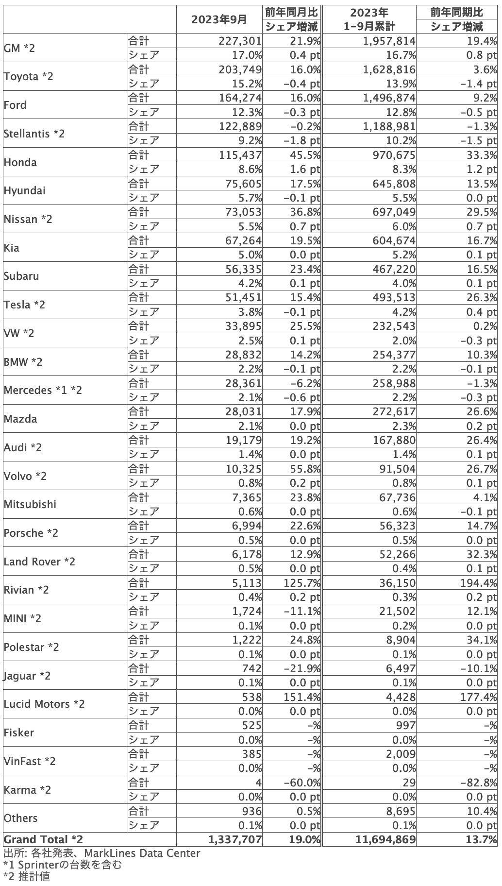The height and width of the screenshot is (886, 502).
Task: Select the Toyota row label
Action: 28,76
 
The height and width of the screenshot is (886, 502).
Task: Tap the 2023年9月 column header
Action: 219,19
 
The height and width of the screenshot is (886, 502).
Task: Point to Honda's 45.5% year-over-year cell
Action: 302,155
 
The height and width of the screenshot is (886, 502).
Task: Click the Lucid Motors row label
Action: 44,704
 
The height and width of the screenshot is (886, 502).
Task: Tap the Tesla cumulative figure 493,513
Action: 393,297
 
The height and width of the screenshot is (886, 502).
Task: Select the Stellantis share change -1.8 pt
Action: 301,141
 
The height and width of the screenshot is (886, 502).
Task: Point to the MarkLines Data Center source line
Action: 101,853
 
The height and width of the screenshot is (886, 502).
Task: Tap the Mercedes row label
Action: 43,390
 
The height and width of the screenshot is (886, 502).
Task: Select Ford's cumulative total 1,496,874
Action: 389,98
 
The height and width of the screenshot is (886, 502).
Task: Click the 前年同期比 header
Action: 456,12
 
